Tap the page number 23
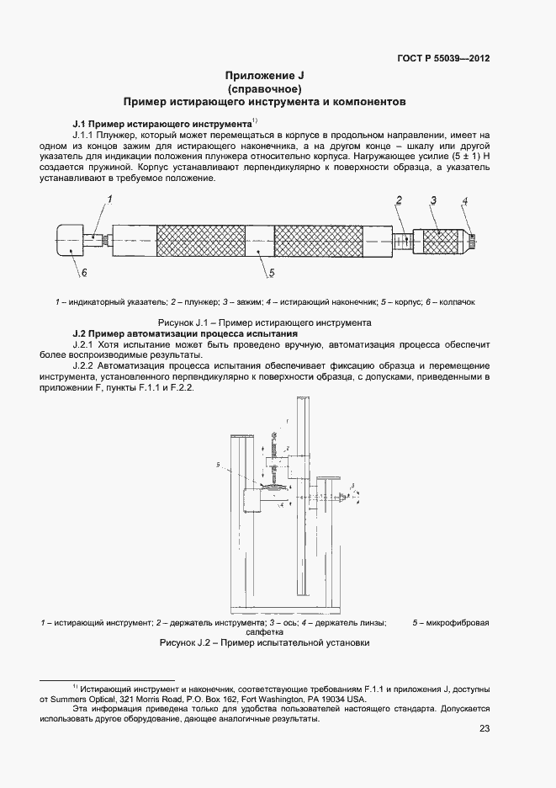click(484, 729)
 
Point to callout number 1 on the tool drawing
click(109, 199)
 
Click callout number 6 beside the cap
click(84, 274)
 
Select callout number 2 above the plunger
click(400, 200)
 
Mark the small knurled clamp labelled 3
click(440, 241)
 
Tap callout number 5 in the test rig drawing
click(218, 464)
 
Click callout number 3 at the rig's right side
click(354, 485)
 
